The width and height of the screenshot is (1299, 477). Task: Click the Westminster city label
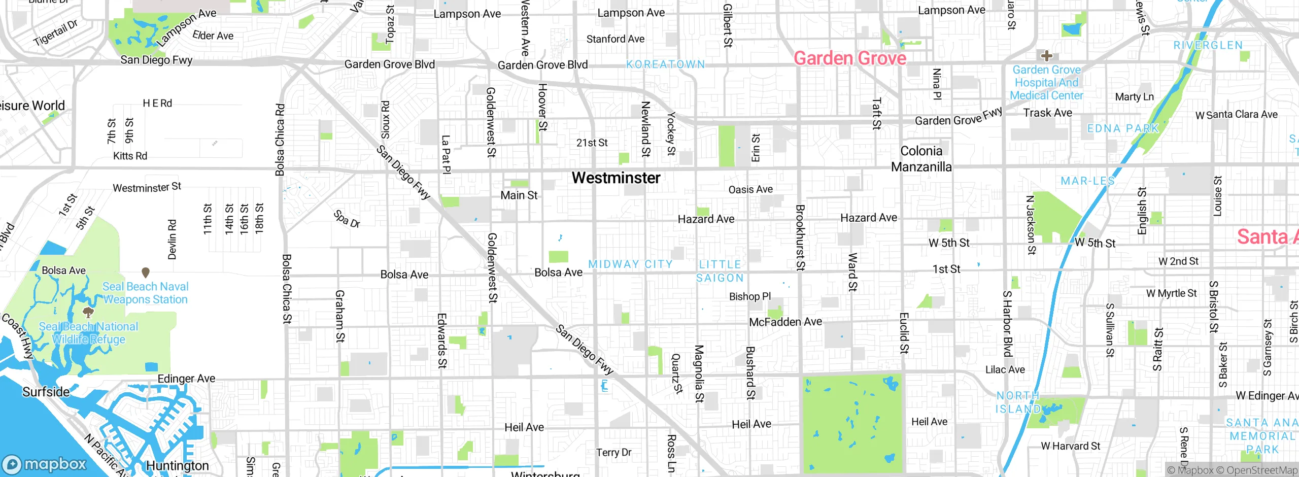(x=616, y=178)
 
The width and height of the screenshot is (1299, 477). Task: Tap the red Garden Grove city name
(x=849, y=58)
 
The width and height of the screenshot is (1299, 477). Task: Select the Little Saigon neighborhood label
(x=720, y=271)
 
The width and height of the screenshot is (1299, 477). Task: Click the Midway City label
(x=630, y=264)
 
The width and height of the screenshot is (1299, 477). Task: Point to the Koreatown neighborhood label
(x=665, y=64)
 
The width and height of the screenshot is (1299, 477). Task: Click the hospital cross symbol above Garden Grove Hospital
(x=1046, y=56)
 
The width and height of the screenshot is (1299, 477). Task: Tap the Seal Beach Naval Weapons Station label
(x=145, y=293)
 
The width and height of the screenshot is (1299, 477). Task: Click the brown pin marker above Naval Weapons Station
(x=146, y=272)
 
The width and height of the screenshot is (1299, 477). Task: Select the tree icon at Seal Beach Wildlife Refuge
(x=88, y=312)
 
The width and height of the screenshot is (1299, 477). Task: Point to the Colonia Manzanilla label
(x=921, y=159)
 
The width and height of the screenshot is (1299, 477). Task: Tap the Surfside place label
(x=46, y=392)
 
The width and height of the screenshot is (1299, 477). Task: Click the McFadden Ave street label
(x=785, y=322)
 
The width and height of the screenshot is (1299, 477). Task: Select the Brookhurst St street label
(x=800, y=237)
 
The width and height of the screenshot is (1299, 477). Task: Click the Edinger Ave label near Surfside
(x=186, y=379)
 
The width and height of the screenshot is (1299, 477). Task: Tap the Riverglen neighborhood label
(x=1208, y=46)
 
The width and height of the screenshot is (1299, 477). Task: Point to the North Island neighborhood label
(x=1017, y=402)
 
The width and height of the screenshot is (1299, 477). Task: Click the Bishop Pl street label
(x=749, y=296)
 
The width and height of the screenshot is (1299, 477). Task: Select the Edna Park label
(x=1123, y=128)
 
